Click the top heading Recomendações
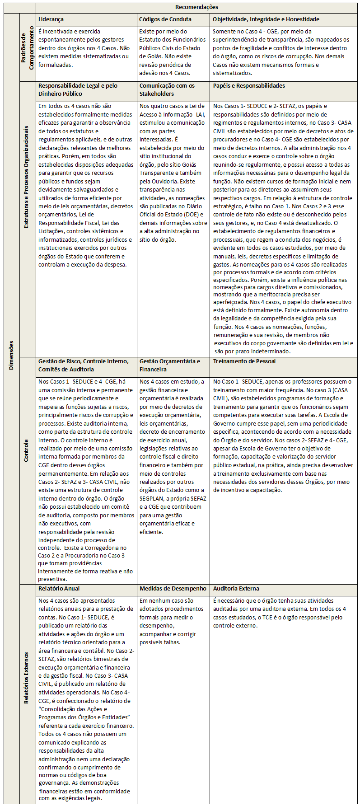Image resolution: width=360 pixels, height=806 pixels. click(196, 7)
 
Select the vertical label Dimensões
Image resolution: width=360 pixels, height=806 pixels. click(11, 355)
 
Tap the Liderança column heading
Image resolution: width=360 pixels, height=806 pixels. click(51, 19)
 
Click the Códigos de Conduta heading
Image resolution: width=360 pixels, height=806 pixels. click(165, 19)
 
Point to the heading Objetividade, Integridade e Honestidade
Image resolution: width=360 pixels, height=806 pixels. click(266, 19)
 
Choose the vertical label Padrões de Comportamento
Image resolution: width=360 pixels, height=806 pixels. click(28, 48)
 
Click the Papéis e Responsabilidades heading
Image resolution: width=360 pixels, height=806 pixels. click(249, 85)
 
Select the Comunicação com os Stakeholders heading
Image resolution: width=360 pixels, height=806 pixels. click(167, 89)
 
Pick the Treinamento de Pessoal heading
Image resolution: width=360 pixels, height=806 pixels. click(244, 361)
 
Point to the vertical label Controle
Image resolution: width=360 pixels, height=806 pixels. click(27, 451)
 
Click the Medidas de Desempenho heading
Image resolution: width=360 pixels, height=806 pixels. click(173, 588)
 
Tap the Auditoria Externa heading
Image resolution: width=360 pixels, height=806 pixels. click(236, 588)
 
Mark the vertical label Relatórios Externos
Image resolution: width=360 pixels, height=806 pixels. click(27, 678)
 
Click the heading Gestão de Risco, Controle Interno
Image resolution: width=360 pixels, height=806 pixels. click(84, 361)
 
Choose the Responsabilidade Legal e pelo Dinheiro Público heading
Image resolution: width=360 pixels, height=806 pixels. click(78, 89)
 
